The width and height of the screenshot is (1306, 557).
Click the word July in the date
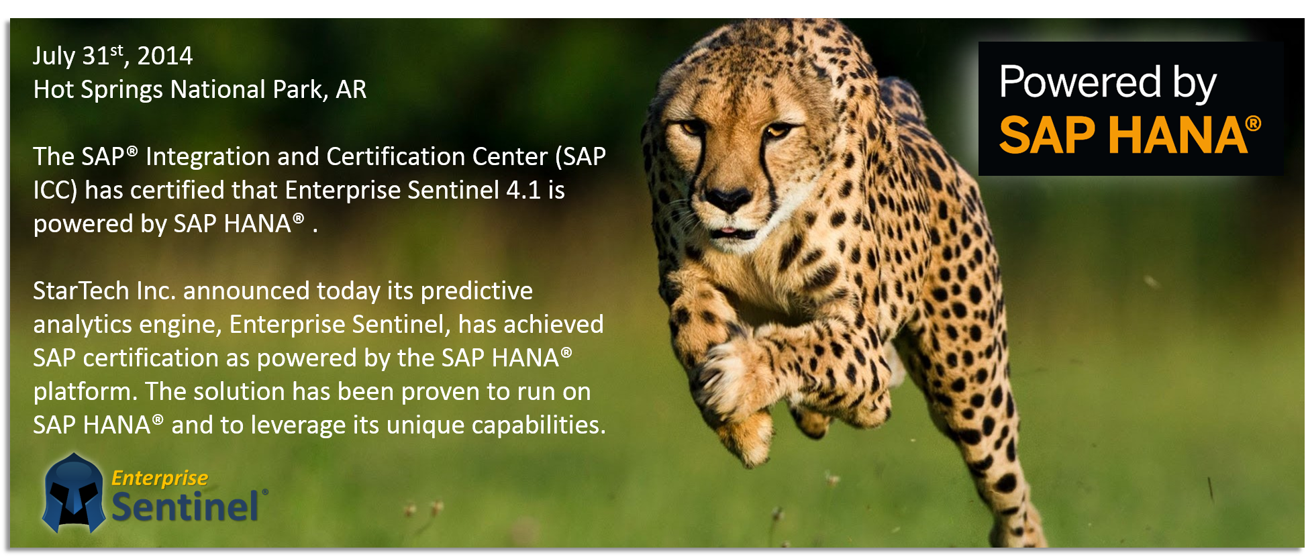[54, 56]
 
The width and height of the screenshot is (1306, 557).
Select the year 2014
[164, 56]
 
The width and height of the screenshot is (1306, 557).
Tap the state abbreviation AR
[351, 89]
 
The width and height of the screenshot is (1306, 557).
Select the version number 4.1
[523, 190]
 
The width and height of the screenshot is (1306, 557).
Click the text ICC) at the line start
[55, 191]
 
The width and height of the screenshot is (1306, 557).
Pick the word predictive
[476, 291]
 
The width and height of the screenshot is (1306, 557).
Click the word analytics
[83, 325]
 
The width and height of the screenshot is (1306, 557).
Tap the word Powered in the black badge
[1080, 82]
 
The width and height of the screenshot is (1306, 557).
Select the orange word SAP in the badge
[1048, 136]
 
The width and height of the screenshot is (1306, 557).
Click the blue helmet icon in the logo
[73, 494]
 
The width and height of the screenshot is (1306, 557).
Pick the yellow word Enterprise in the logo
[160, 478]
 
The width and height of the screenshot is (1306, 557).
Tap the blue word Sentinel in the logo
[185, 507]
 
